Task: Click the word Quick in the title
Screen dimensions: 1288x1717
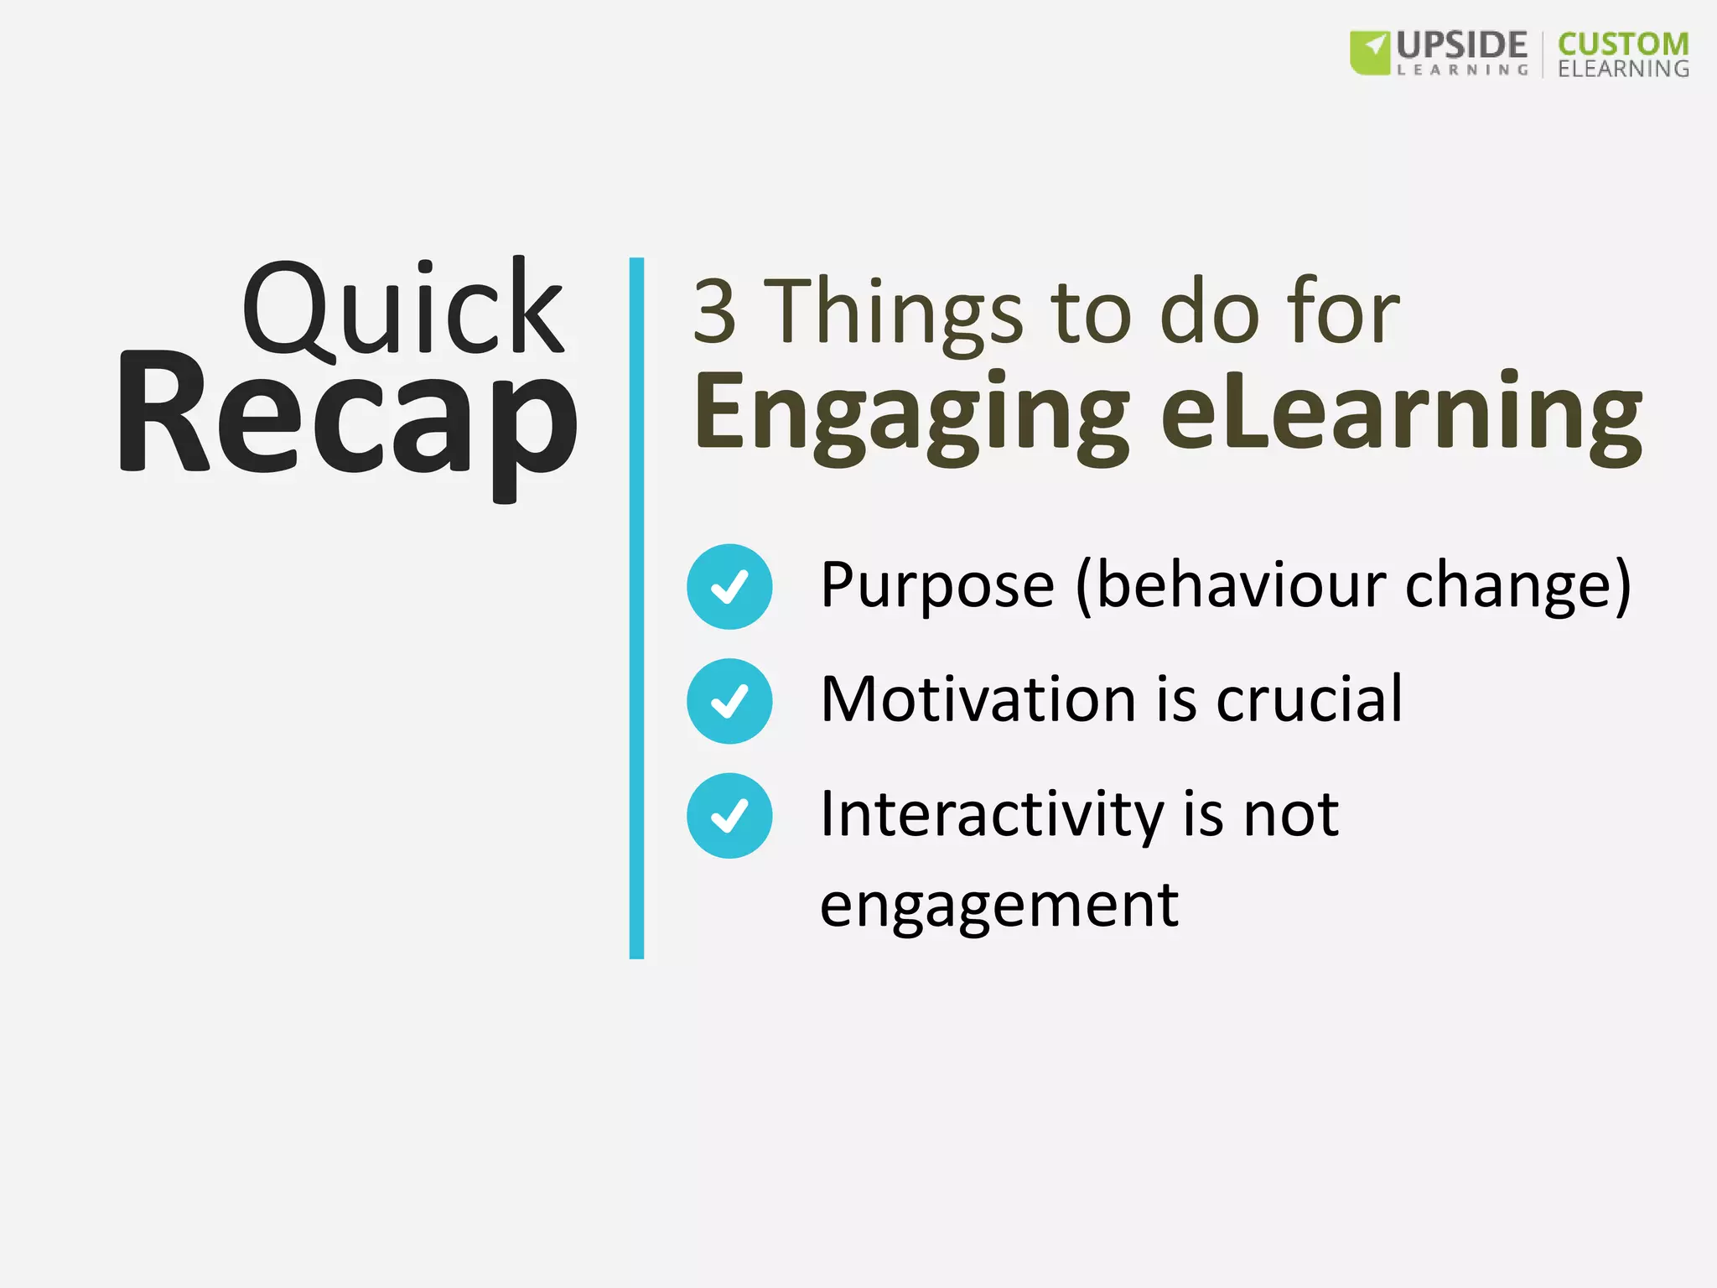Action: tap(402, 309)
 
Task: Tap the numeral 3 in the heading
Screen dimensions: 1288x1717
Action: tap(714, 312)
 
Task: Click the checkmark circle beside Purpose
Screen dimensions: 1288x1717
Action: tap(729, 586)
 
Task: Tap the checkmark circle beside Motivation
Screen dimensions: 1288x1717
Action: tap(729, 701)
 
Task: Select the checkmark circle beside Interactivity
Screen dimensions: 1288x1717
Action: tap(729, 815)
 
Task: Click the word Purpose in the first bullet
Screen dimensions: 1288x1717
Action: tap(936, 586)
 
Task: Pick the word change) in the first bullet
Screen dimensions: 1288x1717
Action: tap(1517, 584)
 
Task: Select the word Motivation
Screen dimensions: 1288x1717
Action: tap(978, 699)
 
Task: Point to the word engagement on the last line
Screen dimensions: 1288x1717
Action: tap(999, 906)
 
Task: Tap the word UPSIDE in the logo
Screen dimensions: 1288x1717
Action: tap(1461, 45)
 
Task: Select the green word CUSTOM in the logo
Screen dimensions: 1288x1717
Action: tap(1622, 44)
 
